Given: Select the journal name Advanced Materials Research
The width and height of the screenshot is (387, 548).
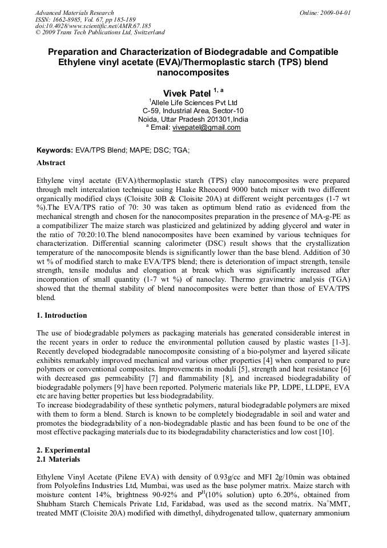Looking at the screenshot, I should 74,13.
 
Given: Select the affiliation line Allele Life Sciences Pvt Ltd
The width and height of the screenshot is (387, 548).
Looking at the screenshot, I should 193,103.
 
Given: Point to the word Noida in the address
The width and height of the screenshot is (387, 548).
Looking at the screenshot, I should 150,119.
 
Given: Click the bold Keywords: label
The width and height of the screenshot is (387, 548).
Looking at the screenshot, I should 55,150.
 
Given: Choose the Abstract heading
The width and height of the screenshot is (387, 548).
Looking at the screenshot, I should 51,163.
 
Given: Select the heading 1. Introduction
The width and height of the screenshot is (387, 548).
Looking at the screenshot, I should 62,315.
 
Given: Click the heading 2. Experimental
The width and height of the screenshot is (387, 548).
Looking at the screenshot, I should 63,450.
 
